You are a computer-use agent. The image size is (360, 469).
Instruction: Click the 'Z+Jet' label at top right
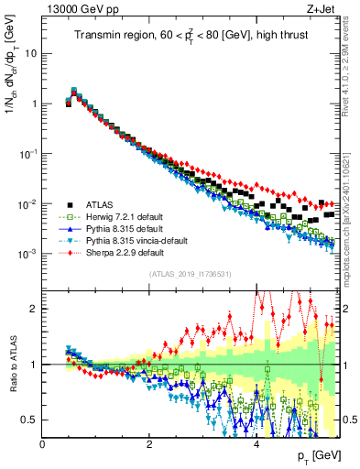(x=324, y=10)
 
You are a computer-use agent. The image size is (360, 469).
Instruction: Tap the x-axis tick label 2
(x=149, y=444)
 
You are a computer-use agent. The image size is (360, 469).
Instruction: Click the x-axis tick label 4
(x=256, y=444)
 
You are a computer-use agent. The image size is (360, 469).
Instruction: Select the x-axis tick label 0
(x=43, y=444)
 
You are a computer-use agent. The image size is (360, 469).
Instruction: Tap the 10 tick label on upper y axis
(x=30, y=53)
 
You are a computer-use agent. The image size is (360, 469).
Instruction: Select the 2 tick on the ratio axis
(x=33, y=309)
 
